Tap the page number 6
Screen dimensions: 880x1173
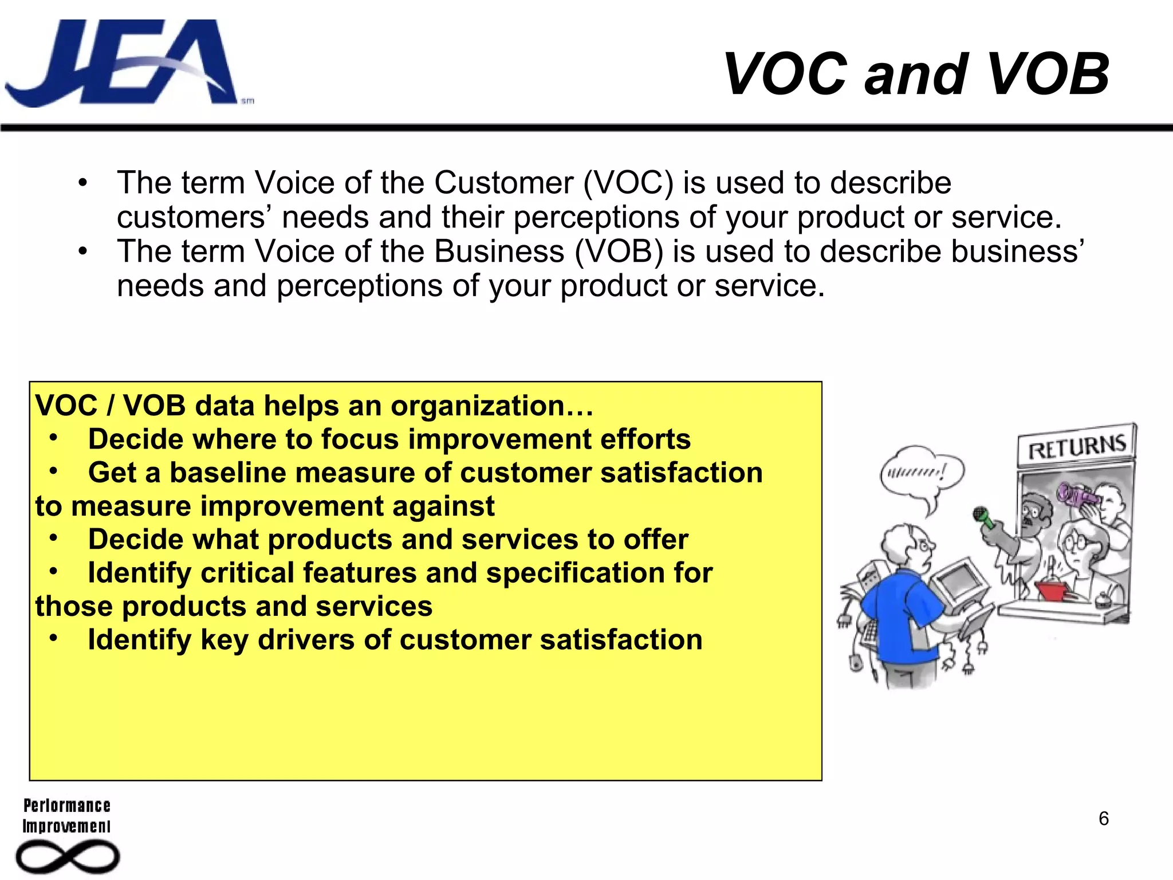[1103, 819]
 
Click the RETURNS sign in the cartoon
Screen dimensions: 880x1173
[1076, 446]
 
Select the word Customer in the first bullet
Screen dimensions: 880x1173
[503, 183]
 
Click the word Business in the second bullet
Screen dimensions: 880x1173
[499, 252]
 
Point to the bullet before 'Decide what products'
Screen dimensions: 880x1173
[53, 538]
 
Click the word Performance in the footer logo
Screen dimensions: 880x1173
[67, 806]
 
